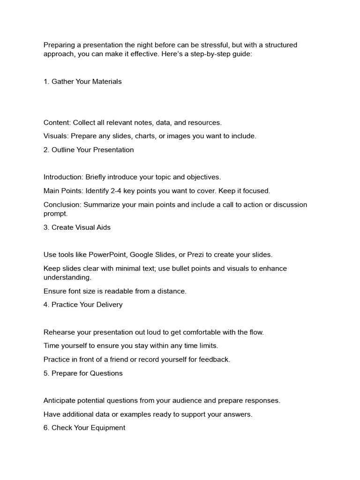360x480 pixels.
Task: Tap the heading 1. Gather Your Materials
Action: (82, 82)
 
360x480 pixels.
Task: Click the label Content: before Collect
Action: (57, 122)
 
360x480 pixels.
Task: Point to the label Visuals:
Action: (56, 136)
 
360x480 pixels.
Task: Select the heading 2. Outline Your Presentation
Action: (89, 150)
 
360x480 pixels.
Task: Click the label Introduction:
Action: (63, 177)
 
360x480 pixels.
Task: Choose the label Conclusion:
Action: (62, 204)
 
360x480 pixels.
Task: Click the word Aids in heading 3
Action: (102, 227)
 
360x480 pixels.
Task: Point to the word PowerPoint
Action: (108, 255)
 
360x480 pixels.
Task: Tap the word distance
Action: (172, 291)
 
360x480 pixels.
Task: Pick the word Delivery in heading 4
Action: (108, 305)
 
